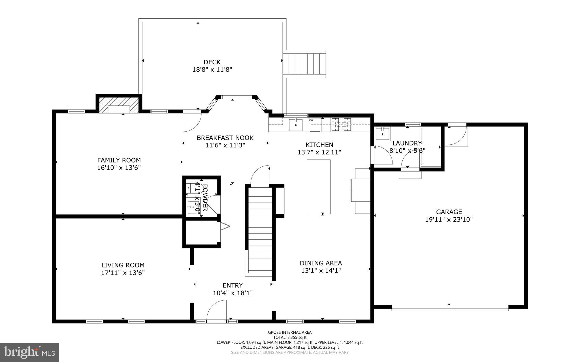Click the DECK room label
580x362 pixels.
[x=212, y=62]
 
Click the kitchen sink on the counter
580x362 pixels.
[x=296, y=125]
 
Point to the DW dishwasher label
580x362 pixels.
[x=311, y=120]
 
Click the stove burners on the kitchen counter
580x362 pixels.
[x=341, y=125]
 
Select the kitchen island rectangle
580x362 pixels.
[x=319, y=187]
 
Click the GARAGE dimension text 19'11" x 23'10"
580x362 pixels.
[x=449, y=219]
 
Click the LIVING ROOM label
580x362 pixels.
[x=123, y=265]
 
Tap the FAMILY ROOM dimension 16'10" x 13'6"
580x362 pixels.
[x=119, y=168]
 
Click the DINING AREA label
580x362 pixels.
[x=321, y=263]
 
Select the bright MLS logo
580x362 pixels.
[x=29, y=352]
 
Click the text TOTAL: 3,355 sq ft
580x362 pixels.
[x=290, y=337]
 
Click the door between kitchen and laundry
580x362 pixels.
[x=382, y=156]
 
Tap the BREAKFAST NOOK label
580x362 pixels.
[x=225, y=138]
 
